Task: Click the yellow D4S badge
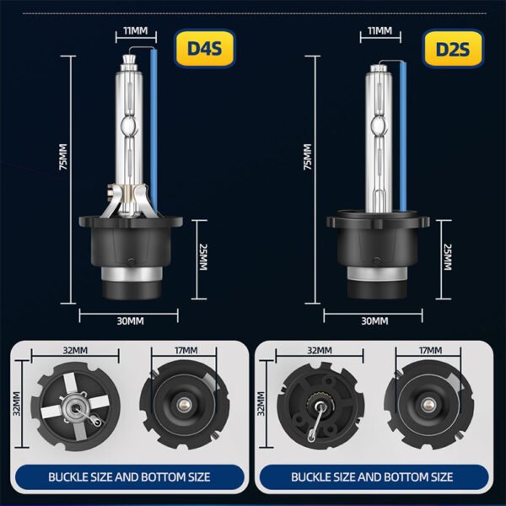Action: pos(205,48)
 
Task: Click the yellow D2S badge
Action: pos(453,48)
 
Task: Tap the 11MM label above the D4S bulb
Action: pos(136,31)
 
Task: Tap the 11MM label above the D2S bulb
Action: pos(379,31)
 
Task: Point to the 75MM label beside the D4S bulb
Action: pos(63,157)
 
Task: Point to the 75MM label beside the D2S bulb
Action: pos(308,157)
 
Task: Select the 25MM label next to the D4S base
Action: pos(203,257)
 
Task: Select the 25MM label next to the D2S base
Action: pos(448,257)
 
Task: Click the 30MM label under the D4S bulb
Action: pos(130,321)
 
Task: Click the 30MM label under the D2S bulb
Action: pos(374,321)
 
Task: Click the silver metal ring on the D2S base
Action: pos(377,273)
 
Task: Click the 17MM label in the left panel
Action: pos(186,351)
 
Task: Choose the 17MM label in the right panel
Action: pos(430,351)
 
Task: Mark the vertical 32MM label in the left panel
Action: pos(17,404)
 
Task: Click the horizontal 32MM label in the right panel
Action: pos(320,351)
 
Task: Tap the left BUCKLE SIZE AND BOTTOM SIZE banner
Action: pos(129,477)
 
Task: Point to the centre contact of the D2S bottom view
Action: pos(428,404)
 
